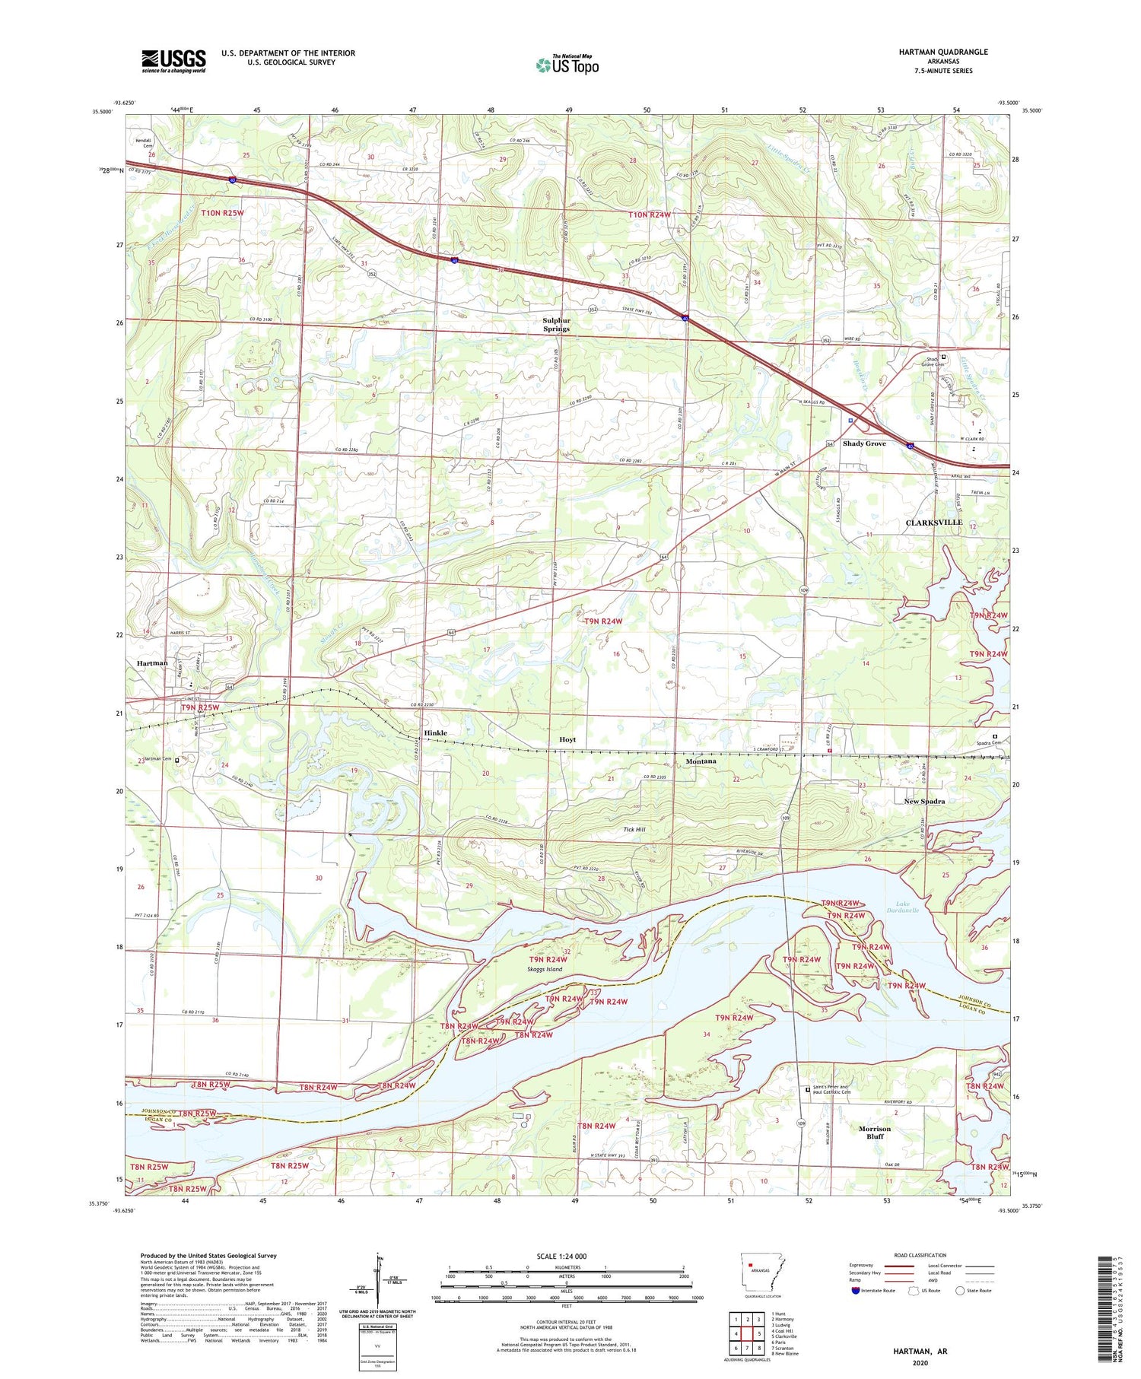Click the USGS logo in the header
tap(173, 61)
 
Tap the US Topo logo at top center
tap(567, 65)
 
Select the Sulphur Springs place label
tap(556, 325)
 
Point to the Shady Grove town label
tap(864, 443)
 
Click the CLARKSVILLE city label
tap(933, 523)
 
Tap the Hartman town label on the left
tap(152, 663)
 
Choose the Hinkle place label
tap(435, 733)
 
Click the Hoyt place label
tap(567, 739)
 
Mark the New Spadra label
tap(924, 802)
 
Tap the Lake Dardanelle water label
tap(902, 907)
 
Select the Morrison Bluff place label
tap(875, 1133)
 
